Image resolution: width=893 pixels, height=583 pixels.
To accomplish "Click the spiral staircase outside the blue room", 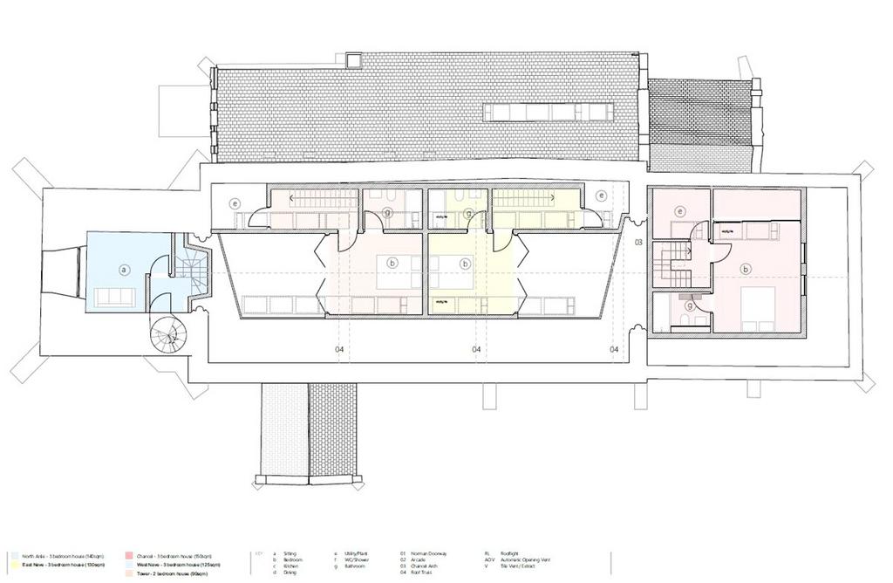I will point(167,335).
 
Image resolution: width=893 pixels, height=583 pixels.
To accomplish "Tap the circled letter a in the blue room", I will point(124,271).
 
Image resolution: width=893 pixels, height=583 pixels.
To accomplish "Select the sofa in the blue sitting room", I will point(114,297).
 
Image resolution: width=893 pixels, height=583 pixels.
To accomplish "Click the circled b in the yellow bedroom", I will point(466,263).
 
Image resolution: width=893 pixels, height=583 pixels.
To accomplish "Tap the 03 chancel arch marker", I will point(637,243).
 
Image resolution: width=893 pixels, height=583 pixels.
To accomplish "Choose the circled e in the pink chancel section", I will point(681,210).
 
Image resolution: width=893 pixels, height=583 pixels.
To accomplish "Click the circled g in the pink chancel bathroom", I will point(690,305).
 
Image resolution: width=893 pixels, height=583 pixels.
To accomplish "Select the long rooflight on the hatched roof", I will point(549,112).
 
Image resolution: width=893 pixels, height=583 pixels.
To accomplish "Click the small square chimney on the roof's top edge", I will point(353,59).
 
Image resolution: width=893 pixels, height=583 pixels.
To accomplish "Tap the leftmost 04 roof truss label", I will point(339,349).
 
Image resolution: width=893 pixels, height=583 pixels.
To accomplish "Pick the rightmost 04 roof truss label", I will point(614,349).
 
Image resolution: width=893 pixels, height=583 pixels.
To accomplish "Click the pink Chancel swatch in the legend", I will point(128,555).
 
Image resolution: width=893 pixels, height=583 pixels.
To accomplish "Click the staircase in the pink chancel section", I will point(674,261).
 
